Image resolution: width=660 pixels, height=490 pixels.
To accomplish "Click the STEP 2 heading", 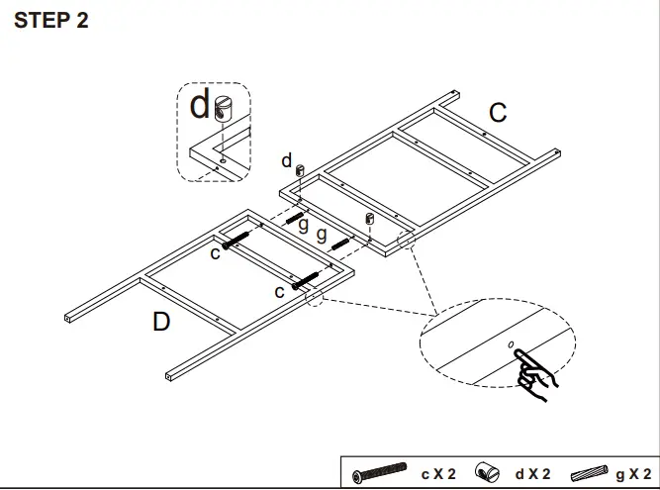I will pyautogui.click(x=51, y=22).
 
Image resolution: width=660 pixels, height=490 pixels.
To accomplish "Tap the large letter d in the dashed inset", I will pyautogui.click(x=202, y=106).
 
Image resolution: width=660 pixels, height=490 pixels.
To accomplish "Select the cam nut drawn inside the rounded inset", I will pyautogui.click(x=225, y=107).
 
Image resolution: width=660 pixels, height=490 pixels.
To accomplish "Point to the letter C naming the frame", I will pyautogui.click(x=498, y=113).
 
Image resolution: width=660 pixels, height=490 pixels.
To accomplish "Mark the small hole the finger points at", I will pyautogui.click(x=511, y=344).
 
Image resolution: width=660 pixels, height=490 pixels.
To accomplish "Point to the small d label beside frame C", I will pyautogui.click(x=287, y=160).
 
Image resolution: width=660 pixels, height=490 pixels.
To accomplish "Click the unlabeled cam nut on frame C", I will pyautogui.click(x=371, y=218).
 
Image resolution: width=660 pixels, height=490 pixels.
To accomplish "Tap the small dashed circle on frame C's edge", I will pyautogui.click(x=405, y=241).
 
